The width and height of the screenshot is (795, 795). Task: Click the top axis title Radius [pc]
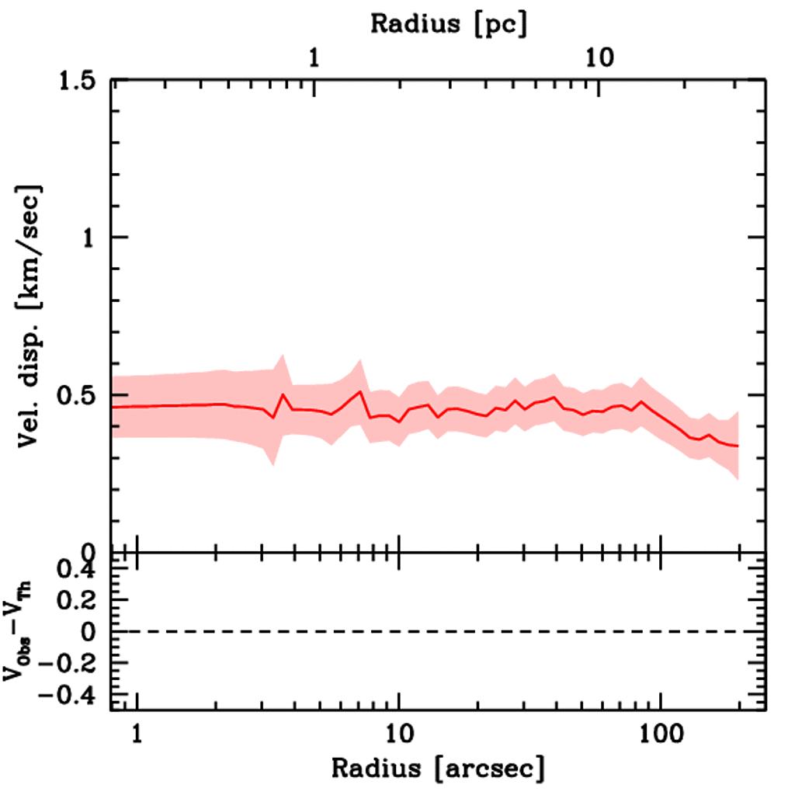coord(449,23)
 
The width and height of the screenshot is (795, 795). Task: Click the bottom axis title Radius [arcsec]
coord(438,769)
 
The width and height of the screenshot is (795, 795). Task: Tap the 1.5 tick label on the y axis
coord(82,81)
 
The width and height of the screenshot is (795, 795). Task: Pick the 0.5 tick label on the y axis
coord(82,395)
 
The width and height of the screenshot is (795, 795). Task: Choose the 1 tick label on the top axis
coord(314,59)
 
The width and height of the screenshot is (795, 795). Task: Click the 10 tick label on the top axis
coord(599,59)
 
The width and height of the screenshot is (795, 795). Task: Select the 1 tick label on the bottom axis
coord(137,732)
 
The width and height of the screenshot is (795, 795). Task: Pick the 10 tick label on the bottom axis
coord(398,732)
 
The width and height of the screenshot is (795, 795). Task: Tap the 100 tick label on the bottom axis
coord(660,732)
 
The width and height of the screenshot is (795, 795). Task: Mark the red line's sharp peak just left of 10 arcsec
coord(361,391)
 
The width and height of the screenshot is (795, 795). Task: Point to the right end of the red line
coord(738,446)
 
